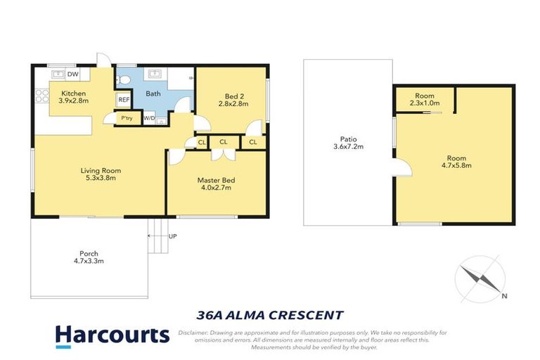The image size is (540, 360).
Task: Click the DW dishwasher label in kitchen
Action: pos(72,74)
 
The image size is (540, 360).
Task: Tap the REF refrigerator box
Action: pos(123,101)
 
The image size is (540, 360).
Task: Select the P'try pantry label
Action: pos(127,118)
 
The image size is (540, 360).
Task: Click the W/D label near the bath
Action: pos(149,118)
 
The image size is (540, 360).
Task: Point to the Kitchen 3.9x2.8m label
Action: pos(74,98)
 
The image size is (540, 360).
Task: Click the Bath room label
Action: pos(153,94)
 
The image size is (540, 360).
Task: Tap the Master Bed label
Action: pos(216,184)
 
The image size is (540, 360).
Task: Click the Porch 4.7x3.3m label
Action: pos(89,257)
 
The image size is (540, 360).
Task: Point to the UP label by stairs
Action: pos(173,236)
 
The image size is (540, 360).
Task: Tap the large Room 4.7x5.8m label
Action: pos(455,162)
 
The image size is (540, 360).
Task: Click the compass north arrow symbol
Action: pos(480,279)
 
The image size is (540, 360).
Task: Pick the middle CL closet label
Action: pos(223,142)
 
